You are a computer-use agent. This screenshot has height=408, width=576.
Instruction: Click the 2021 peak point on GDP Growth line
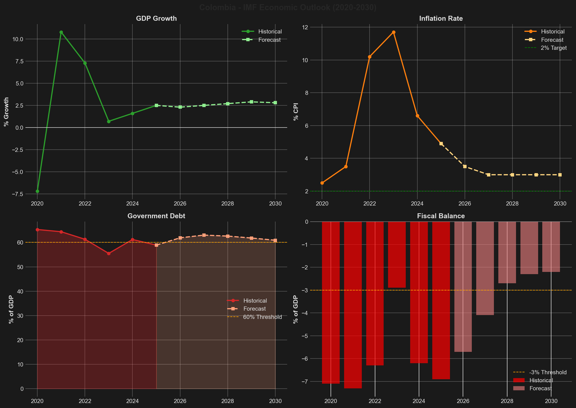pyautogui.click(x=61, y=32)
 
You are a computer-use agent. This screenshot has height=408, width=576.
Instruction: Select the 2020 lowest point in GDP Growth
pyautogui.click(x=37, y=191)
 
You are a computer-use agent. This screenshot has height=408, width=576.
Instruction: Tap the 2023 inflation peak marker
pyautogui.click(x=394, y=32)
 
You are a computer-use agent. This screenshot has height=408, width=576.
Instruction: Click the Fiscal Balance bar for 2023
pyautogui.click(x=397, y=254)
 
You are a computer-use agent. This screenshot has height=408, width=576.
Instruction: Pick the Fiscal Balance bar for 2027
pyautogui.click(x=485, y=268)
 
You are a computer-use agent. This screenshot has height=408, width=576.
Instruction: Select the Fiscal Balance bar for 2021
pyautogui.click(x=353, y=304)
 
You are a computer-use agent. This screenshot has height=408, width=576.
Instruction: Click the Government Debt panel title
pyautogui.click(x=156, y=216)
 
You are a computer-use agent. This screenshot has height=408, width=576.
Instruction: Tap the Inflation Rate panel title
pyautogui.click(x=441, y=19)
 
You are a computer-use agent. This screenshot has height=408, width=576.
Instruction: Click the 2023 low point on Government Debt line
pyautogui.click(x=109, y=253)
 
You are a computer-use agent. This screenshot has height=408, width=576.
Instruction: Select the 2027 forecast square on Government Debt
pyautogui.click(x=204, y=235)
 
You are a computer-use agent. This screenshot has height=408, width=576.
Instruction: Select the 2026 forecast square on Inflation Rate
pyautogui.click(x=465, y=167)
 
